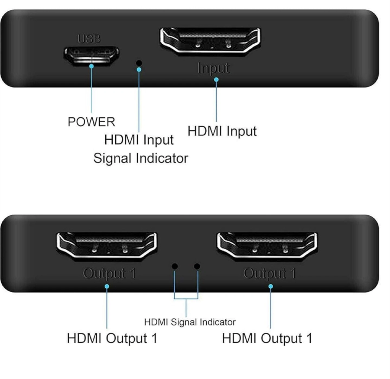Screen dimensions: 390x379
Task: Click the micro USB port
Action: pos(91,56)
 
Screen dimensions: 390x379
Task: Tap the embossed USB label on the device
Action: pos(89,39)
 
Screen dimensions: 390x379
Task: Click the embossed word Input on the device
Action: pos(213,68)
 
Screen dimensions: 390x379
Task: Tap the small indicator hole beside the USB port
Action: pos(139,63)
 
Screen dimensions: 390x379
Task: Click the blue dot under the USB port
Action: pos(91,66)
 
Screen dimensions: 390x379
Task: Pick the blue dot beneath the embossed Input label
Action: pos(216,80)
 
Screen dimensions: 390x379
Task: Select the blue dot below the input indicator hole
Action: pos(139,70)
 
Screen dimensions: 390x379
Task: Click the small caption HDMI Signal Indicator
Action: pos(190,322)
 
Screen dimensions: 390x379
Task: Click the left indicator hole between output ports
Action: pos(175,266)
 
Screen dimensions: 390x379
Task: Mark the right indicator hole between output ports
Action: pos(197,266)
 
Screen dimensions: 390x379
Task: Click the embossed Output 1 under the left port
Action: pos(109,274)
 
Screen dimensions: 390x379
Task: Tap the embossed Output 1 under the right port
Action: pos(269,274)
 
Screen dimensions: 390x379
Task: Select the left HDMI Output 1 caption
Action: pos(112,338)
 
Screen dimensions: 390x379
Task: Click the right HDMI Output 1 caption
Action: pos(267,338)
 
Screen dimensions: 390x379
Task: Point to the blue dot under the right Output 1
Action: pos(271,286)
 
